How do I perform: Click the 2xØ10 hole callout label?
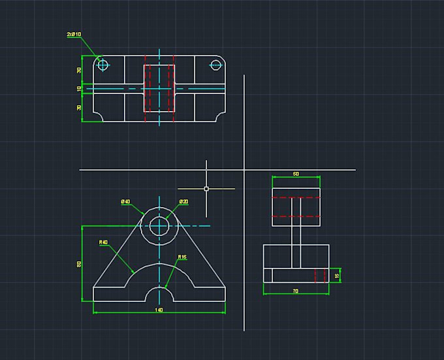click(73, 34)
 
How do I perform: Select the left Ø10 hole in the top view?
click(102, 64)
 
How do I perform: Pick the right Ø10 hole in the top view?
click(216, 64)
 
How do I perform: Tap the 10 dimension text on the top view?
click(79, 88)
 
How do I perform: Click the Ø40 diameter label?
click(125, 202)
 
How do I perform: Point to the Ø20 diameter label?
click(183, 202)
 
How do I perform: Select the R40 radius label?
click(103, 242)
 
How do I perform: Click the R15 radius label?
click(182, 257)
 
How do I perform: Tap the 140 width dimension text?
click(159, 310)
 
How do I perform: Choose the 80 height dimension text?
click(79, 263)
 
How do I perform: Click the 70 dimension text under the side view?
click(296, 291)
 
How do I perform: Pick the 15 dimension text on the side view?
click(337, 276)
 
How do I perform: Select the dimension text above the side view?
click(296, 174)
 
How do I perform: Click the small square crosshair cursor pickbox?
click(206, 189)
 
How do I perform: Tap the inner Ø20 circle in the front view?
click(159, 226)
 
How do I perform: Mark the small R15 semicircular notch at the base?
click(159, 294)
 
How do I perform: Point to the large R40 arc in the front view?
click(159, 264)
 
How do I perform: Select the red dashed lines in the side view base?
click(320, 275)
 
